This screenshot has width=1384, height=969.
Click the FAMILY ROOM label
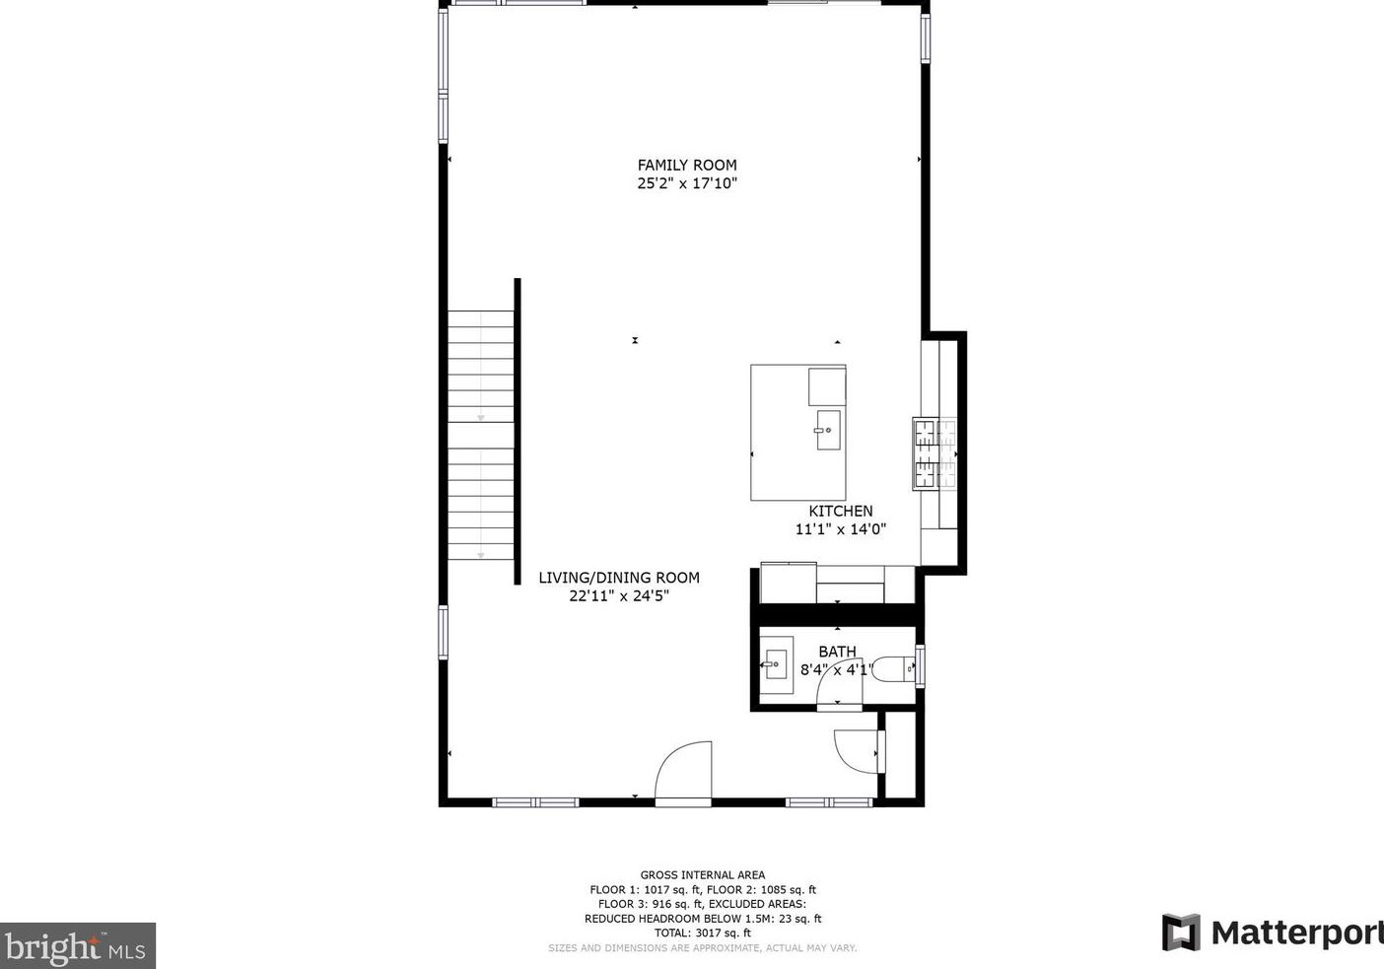coord(687,166)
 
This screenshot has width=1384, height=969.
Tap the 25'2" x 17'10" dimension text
coord(687,183)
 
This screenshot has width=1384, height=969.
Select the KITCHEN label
coord(840,511)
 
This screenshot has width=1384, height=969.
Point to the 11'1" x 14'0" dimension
coord(840,529)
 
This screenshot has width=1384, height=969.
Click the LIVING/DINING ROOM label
coord(618,578)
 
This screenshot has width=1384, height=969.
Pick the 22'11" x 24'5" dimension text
coord(618,595)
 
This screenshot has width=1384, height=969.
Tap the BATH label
coord(837,652)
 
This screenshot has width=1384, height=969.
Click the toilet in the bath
coord(895,670)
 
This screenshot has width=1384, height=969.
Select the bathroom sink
coord(777,665)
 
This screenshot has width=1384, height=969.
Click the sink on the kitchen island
coord(827,431)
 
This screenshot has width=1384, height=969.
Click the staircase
coord(481,435)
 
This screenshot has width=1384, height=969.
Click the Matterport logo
coord(1272,933)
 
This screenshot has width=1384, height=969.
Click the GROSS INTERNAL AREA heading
coord(702,874)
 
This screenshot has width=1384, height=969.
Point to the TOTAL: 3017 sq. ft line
coord(702,933)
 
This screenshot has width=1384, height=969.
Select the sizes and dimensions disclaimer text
coord(702,948)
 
